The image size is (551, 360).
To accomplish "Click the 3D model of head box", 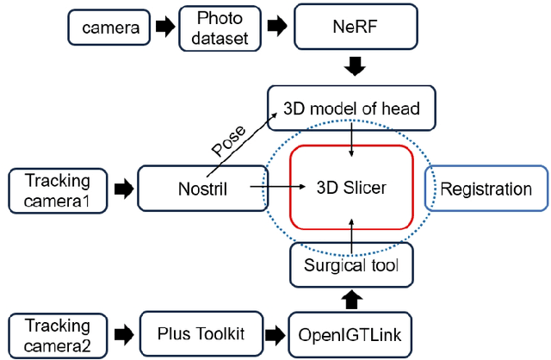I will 351,107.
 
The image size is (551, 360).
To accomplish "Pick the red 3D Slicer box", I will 352,187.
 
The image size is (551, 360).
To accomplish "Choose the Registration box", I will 486,189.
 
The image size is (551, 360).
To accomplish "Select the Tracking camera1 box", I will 59,187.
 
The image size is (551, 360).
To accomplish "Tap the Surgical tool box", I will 351,265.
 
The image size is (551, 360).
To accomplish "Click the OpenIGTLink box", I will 351,334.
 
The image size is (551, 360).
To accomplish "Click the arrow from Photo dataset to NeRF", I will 275,26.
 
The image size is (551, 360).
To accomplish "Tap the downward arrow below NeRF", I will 352,65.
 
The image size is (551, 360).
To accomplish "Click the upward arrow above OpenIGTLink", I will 351,299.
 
